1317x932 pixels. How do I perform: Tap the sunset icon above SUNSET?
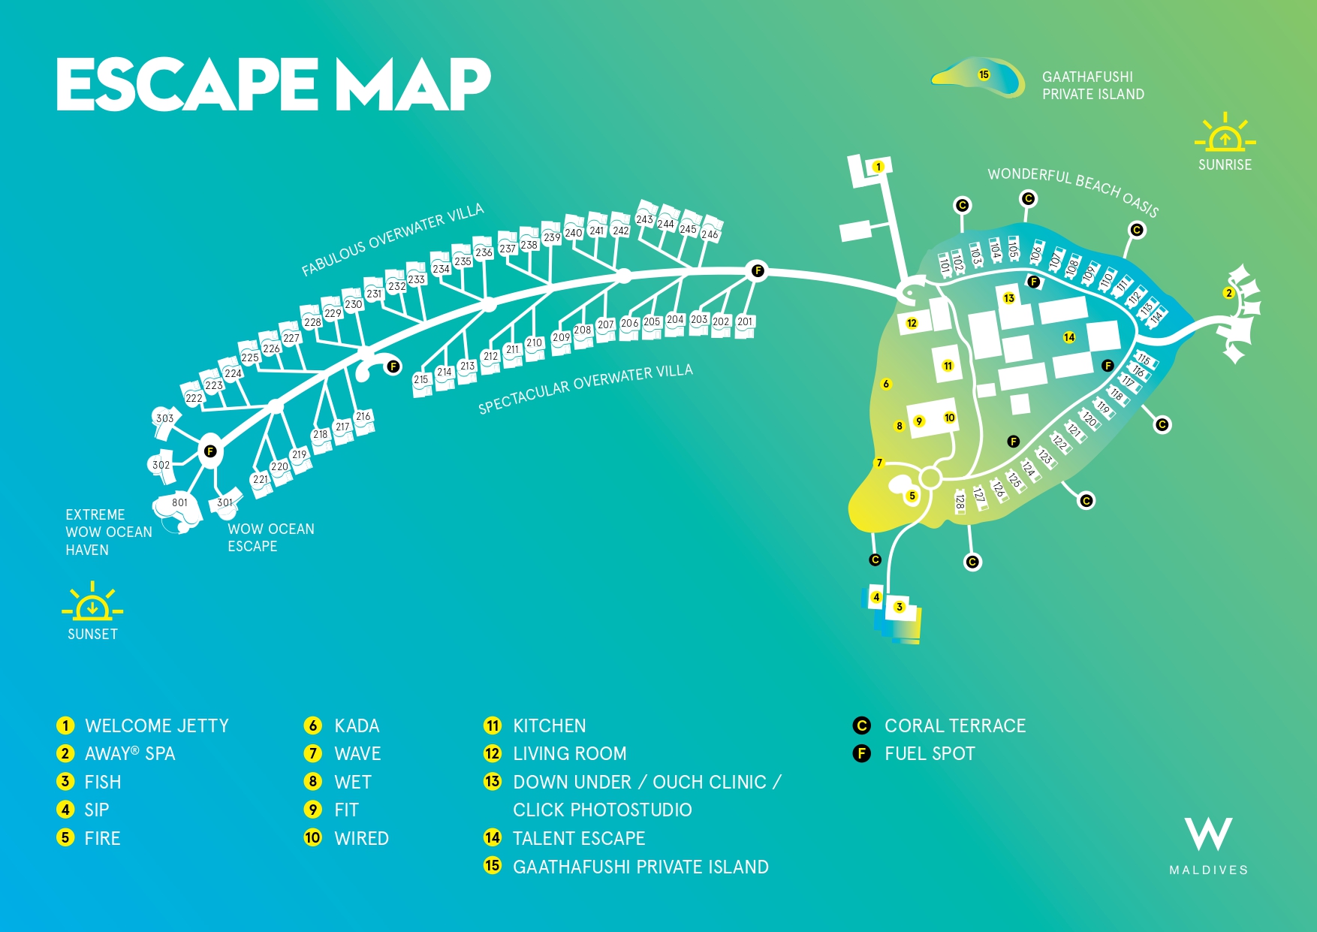click(x=92, y=601)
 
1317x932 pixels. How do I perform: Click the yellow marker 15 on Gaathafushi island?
click(x=984, y=74)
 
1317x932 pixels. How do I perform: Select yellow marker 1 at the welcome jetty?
click(x=878, y=167)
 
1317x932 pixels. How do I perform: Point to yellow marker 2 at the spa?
click(x=1229, y=293)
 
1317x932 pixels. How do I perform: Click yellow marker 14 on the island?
click(x=1069, y=337)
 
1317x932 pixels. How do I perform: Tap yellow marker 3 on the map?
click(x=900, y=607)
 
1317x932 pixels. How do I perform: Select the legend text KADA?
click(x=357, y=725)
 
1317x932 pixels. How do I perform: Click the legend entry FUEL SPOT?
click(x=930, y=753)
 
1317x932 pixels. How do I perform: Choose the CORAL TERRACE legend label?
click(x=955, y=725)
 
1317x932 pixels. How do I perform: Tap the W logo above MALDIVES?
click(x=1209, y=834)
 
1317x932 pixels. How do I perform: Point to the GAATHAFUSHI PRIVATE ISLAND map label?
click(x=1093, y=86)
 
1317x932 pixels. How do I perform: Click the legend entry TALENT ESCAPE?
click(x=579, y=838)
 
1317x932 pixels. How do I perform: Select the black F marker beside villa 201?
click(x=758, y=270)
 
